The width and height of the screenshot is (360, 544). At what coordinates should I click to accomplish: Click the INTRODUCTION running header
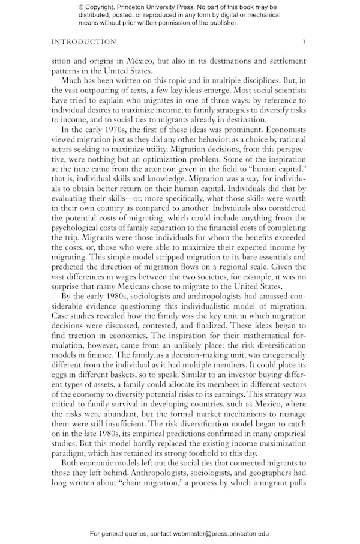(x=84, y=42)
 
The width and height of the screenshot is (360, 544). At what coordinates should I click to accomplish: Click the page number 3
(x=304, y=42)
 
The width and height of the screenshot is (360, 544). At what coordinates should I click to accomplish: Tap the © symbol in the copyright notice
(x=82, y=7)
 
